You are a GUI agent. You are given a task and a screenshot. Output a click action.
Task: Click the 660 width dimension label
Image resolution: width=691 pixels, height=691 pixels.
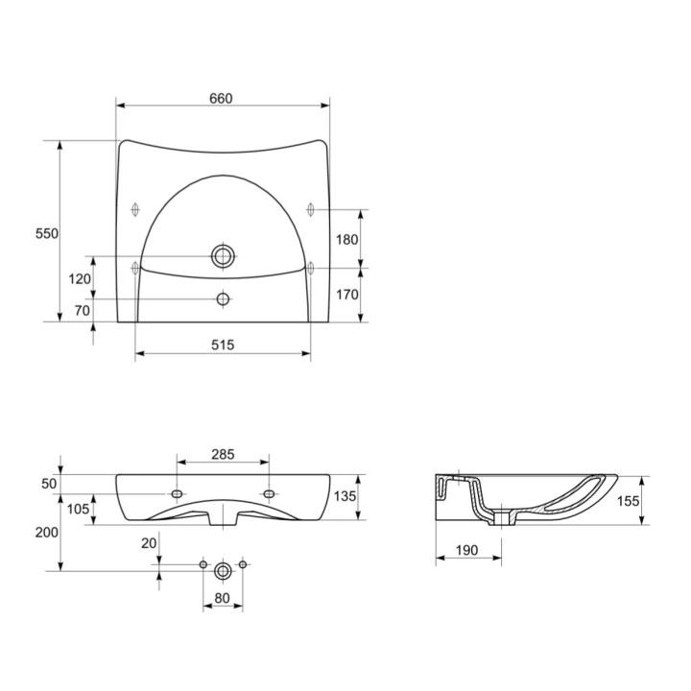(x=221, y=98)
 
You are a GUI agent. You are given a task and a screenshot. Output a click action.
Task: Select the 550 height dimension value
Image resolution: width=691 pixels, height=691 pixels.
(x=47, y=233)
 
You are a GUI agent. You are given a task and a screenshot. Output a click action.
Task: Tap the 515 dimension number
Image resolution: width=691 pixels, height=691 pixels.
(x=223, y=345)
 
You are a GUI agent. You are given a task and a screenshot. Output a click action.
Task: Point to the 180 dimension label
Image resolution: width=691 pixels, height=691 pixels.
(x=346, y=239)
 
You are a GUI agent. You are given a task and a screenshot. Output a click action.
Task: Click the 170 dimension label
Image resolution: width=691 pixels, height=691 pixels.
(x=346, y=295)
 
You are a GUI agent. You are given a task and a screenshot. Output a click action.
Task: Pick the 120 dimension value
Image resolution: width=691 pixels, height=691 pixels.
(x=80, y=278)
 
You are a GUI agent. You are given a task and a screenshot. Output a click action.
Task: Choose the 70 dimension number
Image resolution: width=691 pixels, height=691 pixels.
(x=83, y=310)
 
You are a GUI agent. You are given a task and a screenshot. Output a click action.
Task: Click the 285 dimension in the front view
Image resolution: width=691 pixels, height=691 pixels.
(x=223, y=454)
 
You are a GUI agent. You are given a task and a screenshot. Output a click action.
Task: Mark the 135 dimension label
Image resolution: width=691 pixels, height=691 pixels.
(x=345, y=496)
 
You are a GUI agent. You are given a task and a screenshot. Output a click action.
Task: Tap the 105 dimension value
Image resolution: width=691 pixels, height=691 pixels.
(x=78, y=509)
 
